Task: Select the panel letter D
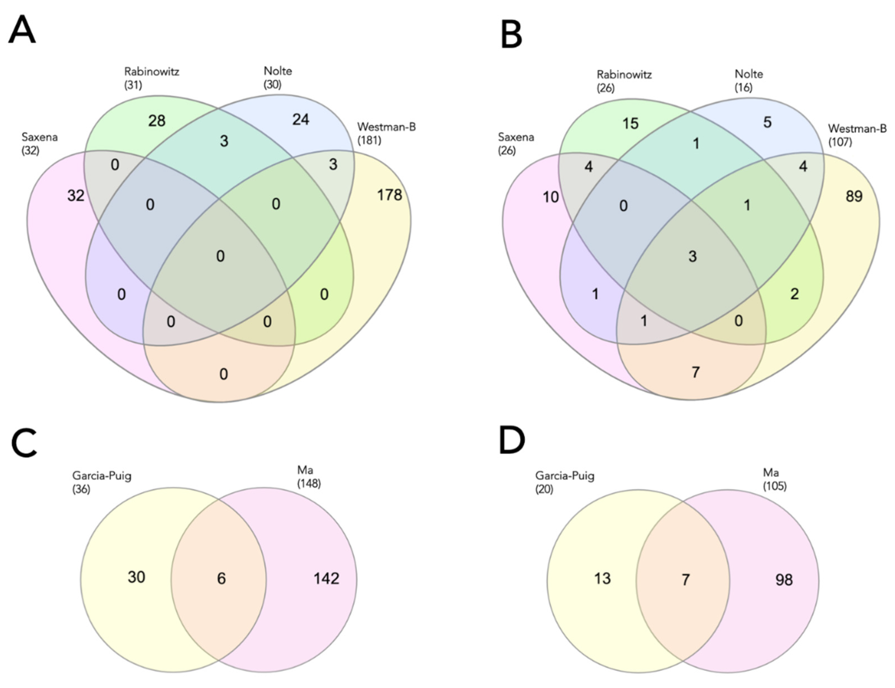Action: point(512,440)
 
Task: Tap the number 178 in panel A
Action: point(389,195)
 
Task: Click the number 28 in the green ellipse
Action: point(157,121)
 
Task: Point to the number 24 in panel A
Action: point(301,120)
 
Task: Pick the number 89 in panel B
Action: point(854,196)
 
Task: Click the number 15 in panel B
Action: point(630,123)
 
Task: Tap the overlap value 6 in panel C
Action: point(221,578)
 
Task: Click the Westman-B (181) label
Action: point(386,134)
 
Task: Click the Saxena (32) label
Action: point(39,143)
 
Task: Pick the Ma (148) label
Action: point(309,477)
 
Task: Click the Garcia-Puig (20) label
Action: point(565,482)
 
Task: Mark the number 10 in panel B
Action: point(551,197)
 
